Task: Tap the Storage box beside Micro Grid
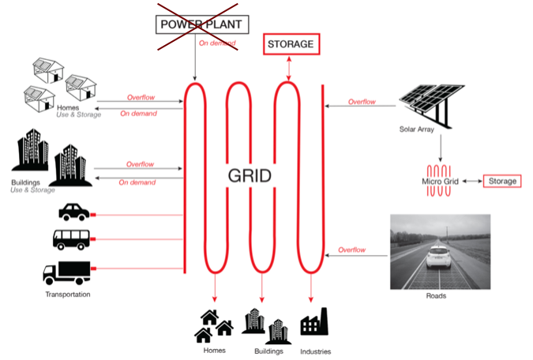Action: coord(501,182)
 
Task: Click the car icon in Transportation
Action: coord(74,213)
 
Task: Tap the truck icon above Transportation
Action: coord(68,272)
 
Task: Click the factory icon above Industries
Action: coord(314,324)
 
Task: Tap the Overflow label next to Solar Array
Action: coord(362,101)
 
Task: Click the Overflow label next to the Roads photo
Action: coord(352,249)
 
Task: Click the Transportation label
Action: coord(67,294)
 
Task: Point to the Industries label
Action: coord(315,351)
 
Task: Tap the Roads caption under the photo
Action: coord(436,297)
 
